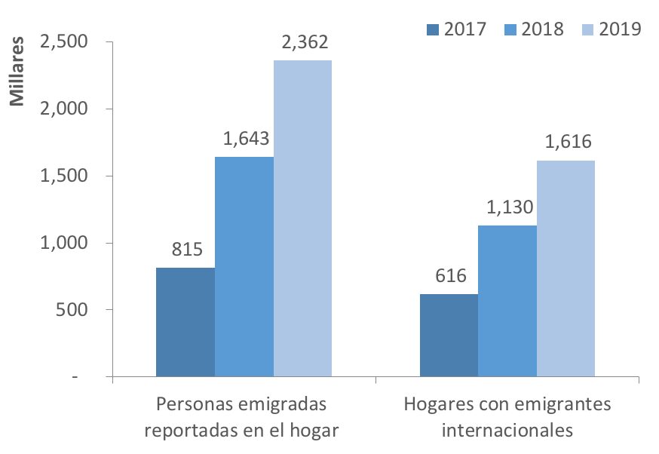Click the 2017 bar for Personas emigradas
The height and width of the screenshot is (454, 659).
click(185, 322)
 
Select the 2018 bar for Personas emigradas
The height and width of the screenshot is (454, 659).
click(244, 266)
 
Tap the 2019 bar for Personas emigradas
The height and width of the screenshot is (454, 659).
click(302, 218)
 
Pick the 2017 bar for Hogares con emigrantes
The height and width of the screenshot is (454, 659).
click(449, 335)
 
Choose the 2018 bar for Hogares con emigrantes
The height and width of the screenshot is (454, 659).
click(507, 301)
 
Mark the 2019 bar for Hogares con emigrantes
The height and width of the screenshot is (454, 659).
click(566, 268)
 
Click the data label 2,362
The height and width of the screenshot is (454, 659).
click(302, 42)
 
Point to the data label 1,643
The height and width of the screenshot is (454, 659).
click(245, 139)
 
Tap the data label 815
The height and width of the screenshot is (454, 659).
click(186, 250)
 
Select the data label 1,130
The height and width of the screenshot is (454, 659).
click(508, 207)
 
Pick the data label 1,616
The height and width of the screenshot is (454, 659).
click(566, 143)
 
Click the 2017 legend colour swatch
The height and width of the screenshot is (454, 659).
click(432, 29)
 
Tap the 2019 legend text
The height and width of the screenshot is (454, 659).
click(620, 29)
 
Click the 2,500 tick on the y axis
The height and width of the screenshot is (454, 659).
click(64, 41)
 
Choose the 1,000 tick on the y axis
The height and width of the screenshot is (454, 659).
click(64, 243)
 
